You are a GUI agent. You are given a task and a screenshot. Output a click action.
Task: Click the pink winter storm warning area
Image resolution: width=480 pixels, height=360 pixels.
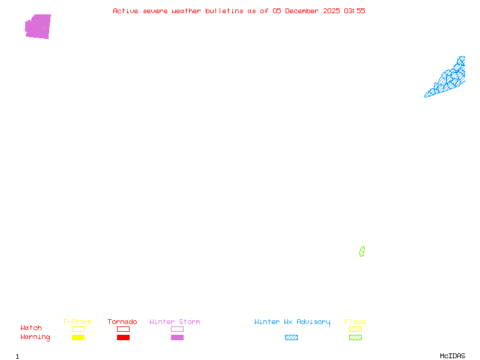point(38,26)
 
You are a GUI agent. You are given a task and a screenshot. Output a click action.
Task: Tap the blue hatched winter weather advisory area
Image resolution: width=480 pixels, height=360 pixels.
point(448,80)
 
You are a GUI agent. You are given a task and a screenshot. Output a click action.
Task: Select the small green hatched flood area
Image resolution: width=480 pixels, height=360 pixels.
point(362,251)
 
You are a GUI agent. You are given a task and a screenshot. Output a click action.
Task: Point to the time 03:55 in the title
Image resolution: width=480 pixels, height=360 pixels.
point(354,11)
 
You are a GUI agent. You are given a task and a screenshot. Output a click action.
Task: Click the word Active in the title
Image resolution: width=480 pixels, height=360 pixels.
point(125,11)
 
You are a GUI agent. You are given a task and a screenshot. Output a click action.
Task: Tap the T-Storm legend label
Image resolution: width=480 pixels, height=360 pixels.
point(77,322)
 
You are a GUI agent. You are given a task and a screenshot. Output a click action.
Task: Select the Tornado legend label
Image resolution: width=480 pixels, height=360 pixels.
point(122,322)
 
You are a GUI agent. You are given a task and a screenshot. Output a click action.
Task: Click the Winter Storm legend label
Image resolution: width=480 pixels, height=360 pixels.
point(175,322)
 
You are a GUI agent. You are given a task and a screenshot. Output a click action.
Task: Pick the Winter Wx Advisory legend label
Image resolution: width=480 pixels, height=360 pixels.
point(292,322)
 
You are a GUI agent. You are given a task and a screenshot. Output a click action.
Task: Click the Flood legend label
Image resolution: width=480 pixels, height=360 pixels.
point(355,322)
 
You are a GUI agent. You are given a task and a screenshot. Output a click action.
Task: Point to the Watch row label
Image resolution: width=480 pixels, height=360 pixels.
point(31,328)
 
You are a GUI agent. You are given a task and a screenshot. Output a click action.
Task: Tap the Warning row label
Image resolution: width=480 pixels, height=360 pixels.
point(35,337)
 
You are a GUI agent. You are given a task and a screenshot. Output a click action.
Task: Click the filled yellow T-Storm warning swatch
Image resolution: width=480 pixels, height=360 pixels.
point(78,337)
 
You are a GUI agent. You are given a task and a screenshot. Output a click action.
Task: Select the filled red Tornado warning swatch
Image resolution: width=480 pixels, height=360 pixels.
point(123,337)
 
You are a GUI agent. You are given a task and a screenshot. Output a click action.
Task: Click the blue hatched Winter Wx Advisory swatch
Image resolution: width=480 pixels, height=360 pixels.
point(291,337)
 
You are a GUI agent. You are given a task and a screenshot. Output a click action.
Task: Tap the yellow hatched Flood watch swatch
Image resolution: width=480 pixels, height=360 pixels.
point(355,329)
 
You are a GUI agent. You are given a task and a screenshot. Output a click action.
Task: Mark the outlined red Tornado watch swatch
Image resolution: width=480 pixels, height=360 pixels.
point(123,329)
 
